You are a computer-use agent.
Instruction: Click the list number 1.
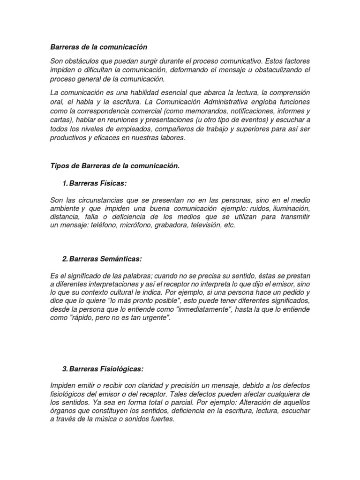tap(64, 182)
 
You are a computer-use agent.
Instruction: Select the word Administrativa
tap(232, 102)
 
